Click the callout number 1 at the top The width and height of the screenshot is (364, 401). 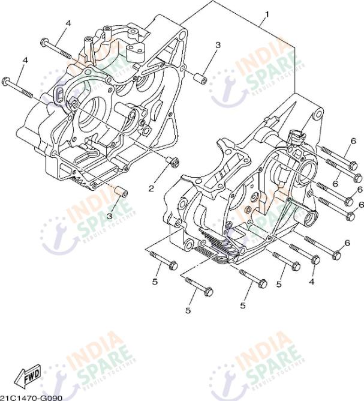tap(266, 14)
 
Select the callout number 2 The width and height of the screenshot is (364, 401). tap(152, 188)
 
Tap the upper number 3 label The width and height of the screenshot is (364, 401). tap(218, 45)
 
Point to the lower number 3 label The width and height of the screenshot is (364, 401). tap(110, 216)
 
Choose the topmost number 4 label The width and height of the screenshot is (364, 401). tap(68, 23)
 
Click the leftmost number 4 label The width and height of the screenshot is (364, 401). tap(25, 60)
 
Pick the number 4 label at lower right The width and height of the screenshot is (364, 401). tap(312, 280)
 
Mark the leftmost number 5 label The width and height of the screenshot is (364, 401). tap(154, 280)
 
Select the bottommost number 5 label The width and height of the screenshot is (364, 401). tap(188, 310)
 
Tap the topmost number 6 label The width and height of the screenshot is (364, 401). tap(353, 141)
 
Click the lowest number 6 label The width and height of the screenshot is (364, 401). tap(347, 243)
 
